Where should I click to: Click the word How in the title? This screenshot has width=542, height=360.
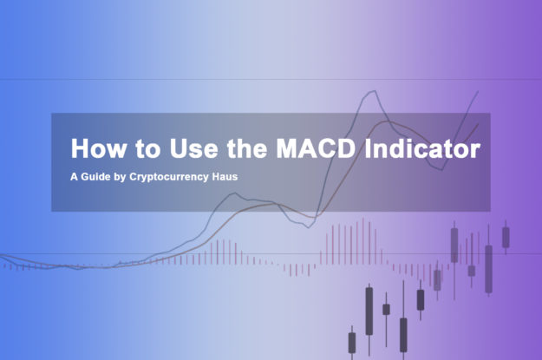(99, 148)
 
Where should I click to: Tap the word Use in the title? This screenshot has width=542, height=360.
(194, 148)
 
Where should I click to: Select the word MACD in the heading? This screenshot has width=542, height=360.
(316, 148)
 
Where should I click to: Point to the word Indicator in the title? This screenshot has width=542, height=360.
(422, 148)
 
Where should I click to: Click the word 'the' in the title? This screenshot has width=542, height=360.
(247, 148)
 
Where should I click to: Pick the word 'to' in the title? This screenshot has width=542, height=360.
(148, 149)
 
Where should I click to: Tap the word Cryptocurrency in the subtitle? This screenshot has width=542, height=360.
(169, 178)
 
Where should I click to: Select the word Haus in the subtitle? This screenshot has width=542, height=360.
(225, 177)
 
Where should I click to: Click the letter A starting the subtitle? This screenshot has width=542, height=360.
(74, 177)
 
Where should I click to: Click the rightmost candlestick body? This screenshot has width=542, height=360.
(506, 237)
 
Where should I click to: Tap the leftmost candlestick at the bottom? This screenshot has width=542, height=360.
(352, 343)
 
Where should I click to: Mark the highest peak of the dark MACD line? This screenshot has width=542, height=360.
(375, 91)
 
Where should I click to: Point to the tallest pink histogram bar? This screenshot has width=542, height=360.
(363, 241)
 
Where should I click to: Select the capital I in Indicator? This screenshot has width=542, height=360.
(368, 148)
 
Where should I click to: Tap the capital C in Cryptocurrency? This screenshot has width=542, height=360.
(134, 177)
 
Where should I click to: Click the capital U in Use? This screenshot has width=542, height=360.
(179, 148)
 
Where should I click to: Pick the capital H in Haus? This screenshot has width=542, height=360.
(216, 177)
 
